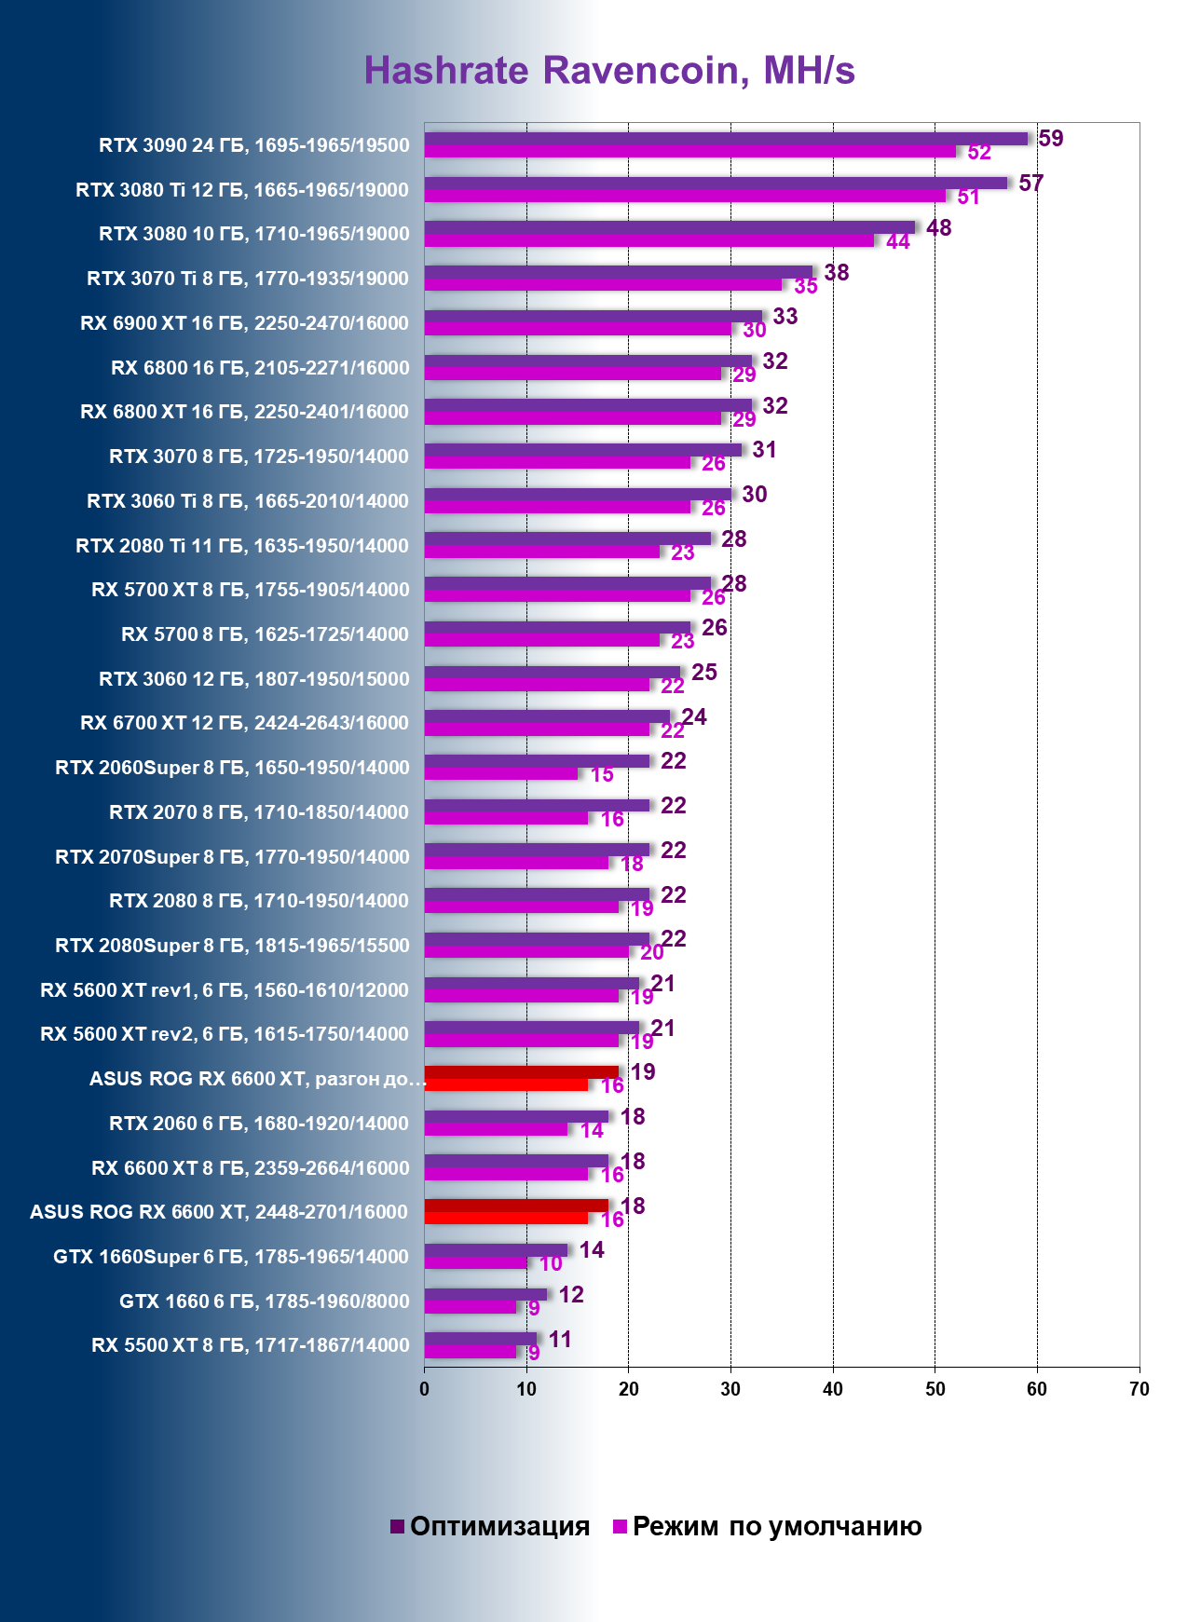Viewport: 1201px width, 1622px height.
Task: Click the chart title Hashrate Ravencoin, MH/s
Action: click(x=609, y=71)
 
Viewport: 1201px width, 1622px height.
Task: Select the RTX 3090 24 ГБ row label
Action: click(x=253, y=145)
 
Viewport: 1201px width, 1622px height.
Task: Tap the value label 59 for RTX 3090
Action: click(x=1050, y=139)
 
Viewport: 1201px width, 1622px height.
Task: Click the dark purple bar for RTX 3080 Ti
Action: click(x=716, y=183)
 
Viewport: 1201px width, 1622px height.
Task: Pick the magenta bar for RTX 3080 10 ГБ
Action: click(x=648, y=240)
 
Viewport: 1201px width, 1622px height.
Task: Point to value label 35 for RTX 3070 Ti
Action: click(x=806, y=286)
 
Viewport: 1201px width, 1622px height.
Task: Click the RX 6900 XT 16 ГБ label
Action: click(x=244, y=323)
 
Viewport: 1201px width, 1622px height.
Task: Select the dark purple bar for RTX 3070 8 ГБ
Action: click(x=582, y=450)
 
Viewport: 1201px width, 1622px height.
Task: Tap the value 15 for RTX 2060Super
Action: click(x=602, y=775)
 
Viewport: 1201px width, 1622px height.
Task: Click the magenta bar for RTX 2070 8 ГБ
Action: click(x=506, y=818)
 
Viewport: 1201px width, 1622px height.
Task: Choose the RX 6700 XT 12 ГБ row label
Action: click(x=244, y=723)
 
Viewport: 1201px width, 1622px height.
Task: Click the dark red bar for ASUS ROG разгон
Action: click(x=521, y=1071)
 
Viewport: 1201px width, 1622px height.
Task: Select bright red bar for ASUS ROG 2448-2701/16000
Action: click(x=506, y=1218)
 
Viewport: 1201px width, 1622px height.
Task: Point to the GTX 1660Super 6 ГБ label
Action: click(x=231, y=1257)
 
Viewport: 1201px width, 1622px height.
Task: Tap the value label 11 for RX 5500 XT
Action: click(x=560, y=1340)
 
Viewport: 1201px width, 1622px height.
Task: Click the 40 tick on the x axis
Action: click(x=833, y=1389)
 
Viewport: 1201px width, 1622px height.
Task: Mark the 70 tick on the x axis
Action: click(x=1139, y=1389)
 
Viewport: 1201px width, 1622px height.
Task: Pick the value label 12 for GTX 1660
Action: click(x=571, y=1295)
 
